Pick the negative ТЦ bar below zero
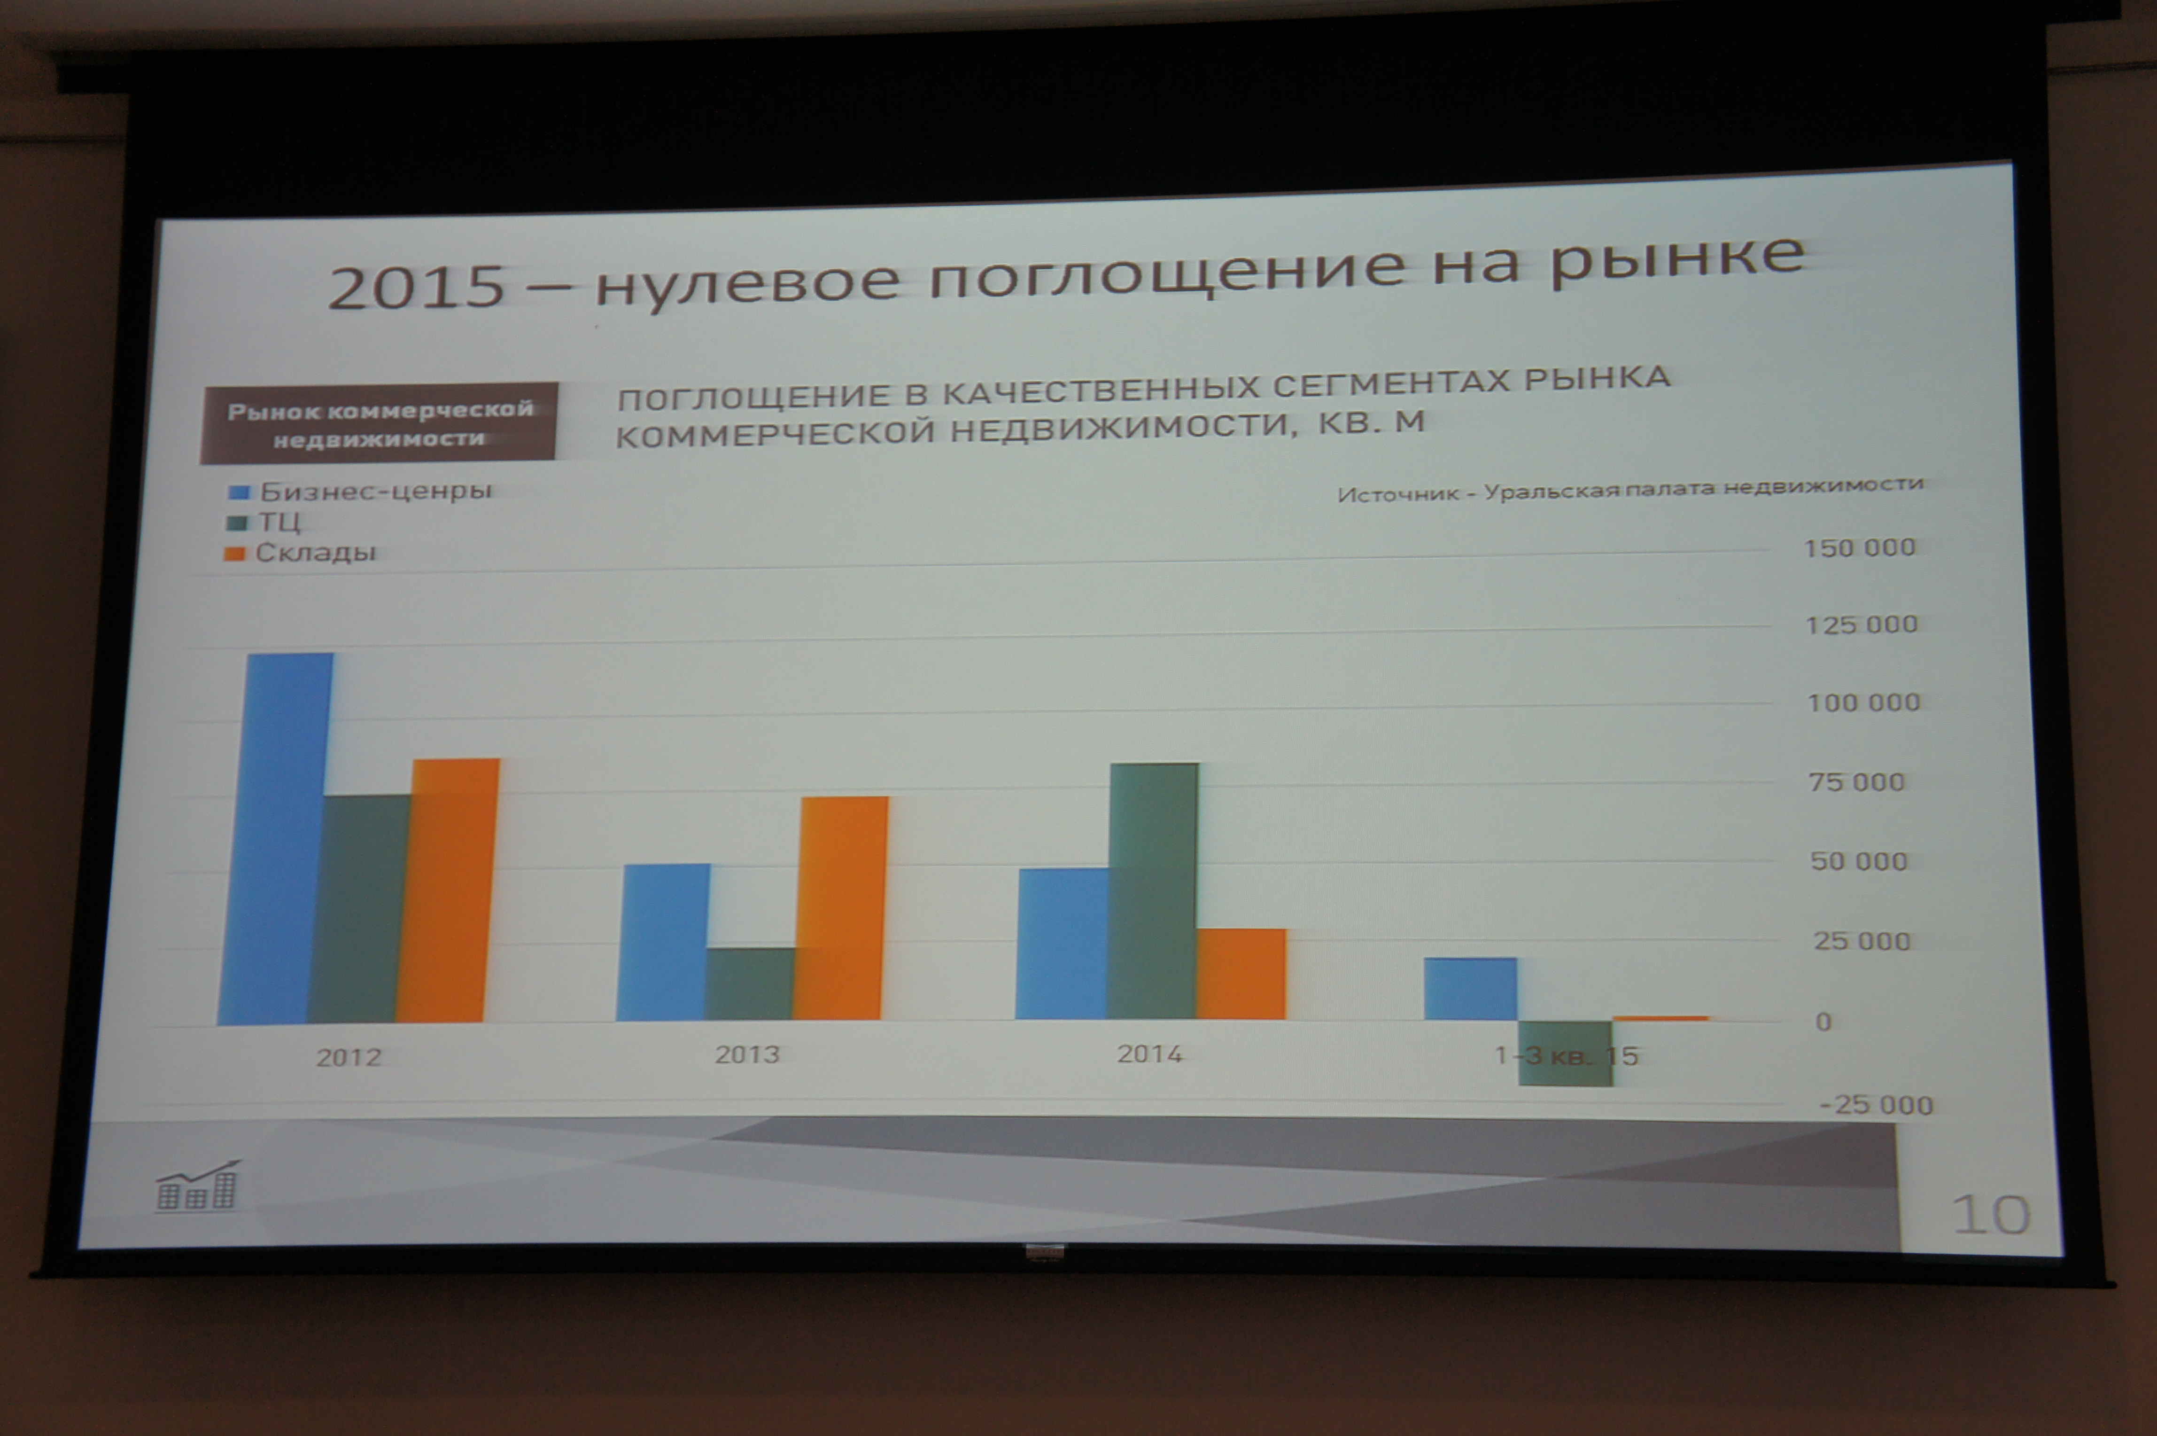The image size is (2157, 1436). tap(1565, 1053)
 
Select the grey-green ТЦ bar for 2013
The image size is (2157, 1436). tap(750, 983)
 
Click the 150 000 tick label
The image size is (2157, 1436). tap(1860, 547)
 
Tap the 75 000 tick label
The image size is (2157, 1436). tap(1857, 782)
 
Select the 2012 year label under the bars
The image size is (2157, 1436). tap(349, 1058)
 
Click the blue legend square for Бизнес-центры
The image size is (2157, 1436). tap(240, 493)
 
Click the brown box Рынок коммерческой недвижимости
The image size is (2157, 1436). tap(379, 422)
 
